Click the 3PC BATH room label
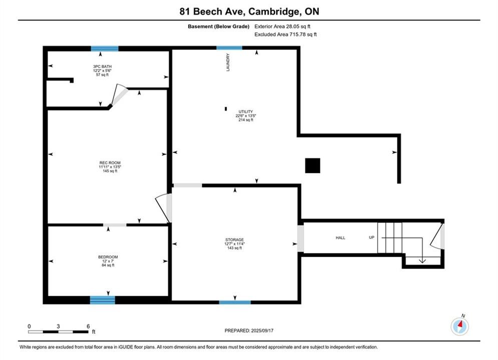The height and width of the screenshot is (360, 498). tap(102, 66)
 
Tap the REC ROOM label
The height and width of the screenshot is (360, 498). tap(110, 162)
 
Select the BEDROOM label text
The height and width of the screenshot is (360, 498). tap(108, 257)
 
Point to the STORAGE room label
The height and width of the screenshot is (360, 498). tap(235, 240)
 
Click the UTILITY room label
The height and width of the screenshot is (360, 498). tap(246, 111)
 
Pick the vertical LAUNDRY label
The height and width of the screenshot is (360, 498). tap(228, 62)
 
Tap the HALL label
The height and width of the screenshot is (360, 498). tap(340, 237)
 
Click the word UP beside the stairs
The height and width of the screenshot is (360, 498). tap(371, 237)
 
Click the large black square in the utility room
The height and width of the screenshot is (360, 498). tap(312, 165)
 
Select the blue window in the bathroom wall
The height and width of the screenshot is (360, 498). tap(105, 48)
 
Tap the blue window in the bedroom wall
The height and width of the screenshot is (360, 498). tap(102, 299)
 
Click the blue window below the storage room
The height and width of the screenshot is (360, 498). tap(235, 302)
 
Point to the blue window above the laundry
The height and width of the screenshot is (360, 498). tap(229, 48)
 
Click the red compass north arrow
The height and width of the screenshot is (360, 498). tap(460, 324)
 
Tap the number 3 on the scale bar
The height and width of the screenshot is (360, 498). tap(58, 326)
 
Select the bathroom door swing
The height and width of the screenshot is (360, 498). tap(119, 94)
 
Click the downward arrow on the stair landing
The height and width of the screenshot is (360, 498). tap(422, 250)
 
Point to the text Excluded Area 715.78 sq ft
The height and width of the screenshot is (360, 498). tap(285, 34)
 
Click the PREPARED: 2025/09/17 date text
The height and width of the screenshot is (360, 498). tap(249, 330)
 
